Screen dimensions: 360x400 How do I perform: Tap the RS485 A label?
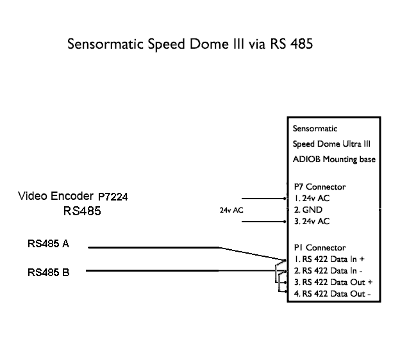point(49,244)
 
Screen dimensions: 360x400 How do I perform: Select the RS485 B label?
point(49,272)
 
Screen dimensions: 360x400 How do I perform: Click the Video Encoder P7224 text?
point(72,196)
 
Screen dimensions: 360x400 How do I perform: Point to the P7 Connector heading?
point(319,186)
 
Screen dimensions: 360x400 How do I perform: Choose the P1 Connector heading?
point(319,247)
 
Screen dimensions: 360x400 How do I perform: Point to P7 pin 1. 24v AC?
point(312,198)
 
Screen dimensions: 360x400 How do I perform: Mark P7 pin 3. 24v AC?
point(312,221)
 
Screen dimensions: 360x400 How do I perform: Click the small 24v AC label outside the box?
point(231,210)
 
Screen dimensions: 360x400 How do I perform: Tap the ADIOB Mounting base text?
point(334,159)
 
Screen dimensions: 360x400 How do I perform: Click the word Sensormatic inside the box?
point(315,128)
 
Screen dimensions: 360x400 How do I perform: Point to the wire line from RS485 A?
point(154,247)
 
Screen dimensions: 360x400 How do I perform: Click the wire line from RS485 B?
point(179,270)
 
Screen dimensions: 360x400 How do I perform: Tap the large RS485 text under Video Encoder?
point(82,210)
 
